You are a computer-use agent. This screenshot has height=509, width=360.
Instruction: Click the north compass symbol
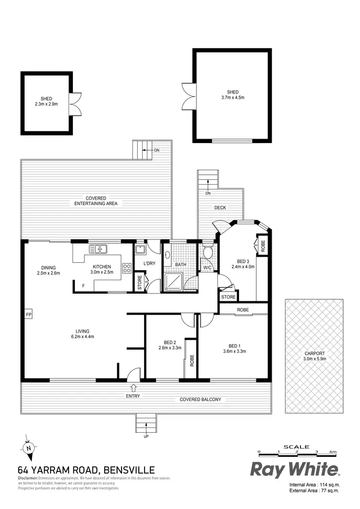pos(28,448)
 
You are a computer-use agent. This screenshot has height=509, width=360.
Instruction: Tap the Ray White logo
pos(295,469)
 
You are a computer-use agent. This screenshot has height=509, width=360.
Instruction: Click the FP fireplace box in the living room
pos(28,314)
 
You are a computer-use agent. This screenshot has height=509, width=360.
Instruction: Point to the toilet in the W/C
pos(208,252)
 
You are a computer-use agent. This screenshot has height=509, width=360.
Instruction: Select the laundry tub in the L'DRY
pos(140,249)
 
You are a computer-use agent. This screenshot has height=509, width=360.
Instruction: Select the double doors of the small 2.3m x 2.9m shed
pos(75,104)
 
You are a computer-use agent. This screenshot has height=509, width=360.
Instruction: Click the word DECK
pos(220,208)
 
